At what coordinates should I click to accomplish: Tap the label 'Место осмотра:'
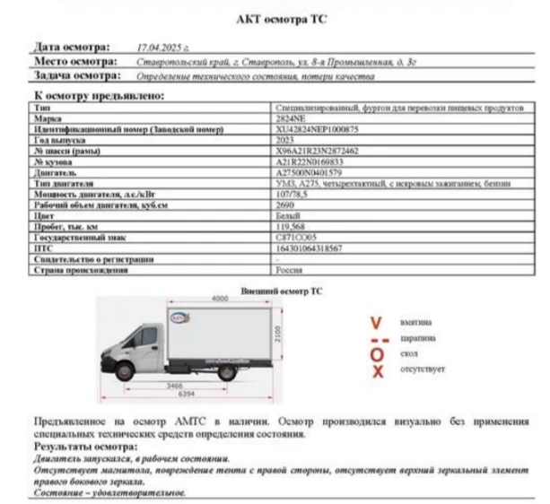[x=76, y=62]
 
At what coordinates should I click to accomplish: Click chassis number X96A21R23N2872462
[x=319, y=152]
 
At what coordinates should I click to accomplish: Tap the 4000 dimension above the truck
[x=220, y=298]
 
